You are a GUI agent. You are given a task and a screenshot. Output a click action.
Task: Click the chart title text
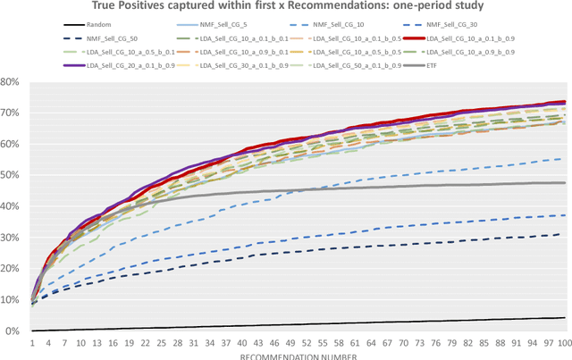click(286, 8)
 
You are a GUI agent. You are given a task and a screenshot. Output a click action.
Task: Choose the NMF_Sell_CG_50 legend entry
click(84, 40)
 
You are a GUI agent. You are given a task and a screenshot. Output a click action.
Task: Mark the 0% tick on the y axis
click(17, 331)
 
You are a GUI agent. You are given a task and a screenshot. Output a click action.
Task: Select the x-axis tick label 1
click(33, 342)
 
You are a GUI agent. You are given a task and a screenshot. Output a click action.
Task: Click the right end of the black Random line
click(565, 318)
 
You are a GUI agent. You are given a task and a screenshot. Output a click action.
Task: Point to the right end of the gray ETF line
click(565, 183)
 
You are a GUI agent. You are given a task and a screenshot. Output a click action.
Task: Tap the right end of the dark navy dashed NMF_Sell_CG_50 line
click(565, 233)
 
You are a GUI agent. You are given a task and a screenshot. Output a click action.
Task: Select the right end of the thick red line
click(565, 102)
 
